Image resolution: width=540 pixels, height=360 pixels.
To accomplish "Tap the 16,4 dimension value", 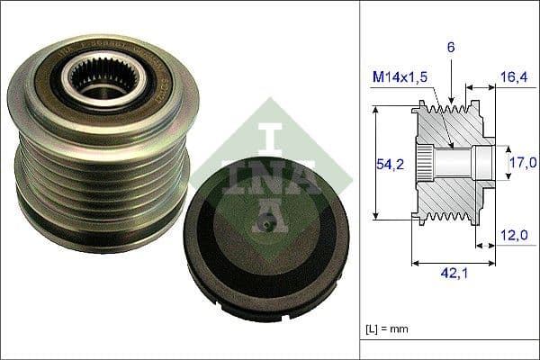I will point(515,79).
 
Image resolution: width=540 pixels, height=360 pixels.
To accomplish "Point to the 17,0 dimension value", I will point(522,162).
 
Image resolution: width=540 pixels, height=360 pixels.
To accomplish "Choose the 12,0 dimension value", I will point(515,235).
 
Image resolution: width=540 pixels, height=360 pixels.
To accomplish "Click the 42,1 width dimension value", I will point(454,279).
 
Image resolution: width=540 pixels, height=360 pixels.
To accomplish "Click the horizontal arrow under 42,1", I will point(454,264).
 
